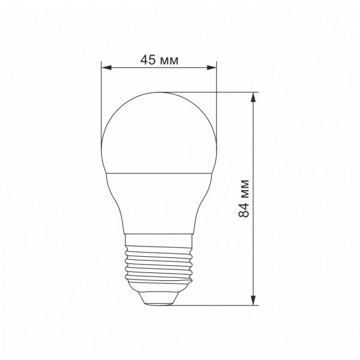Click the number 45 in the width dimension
tap(148, 59)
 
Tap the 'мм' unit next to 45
tap(170, 59)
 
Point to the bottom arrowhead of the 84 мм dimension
tap(255, 300)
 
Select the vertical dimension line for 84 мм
tap(255, 252)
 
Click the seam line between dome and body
tap(159, 172)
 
